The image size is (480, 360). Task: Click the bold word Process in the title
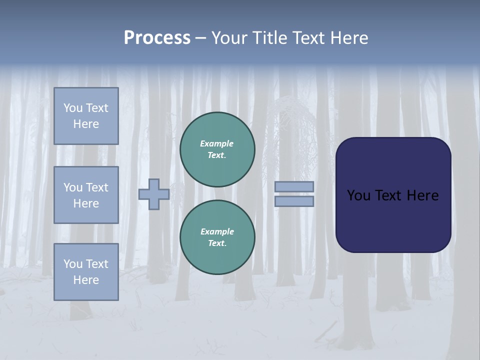pos(157,37)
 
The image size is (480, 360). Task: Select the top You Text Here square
pos(86,116)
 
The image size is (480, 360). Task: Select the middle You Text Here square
pos(86,195)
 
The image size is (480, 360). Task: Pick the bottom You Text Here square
pos(86,271)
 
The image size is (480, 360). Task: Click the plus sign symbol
pos(153,194)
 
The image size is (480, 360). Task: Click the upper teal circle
pos(217,149)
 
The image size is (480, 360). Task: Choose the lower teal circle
pos(217,237)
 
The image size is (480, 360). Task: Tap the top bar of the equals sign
pos(294,186)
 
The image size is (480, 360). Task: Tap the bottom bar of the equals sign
pos(294,201)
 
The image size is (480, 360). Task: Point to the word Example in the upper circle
pos(216,143)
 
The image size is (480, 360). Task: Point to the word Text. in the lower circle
pos(217,243)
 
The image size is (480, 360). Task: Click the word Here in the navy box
pos(422,195)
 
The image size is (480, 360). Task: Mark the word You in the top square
pos(73,108)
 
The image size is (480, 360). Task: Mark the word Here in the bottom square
pos(86,280)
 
